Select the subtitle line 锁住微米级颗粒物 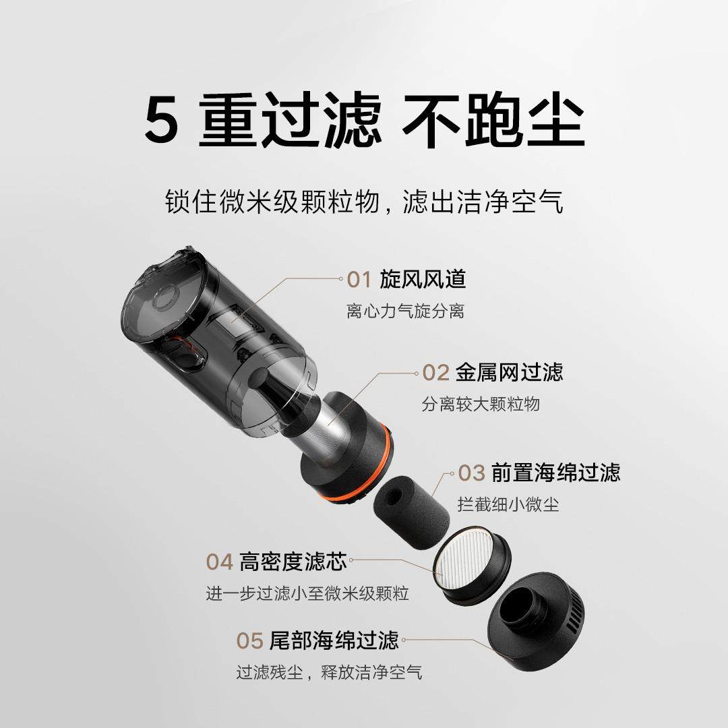tap(275, 202)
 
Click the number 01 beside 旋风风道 tap(359, 278)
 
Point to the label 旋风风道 tap(423, 278)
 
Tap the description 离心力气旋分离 tap(405, 312)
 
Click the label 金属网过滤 tap(509, 372)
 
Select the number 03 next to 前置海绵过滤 tap(472, 473)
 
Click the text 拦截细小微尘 tap(509, 504)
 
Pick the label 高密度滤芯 tap(293, 561)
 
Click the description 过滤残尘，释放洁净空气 tap(330, 672)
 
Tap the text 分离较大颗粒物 tap(481, 404)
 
